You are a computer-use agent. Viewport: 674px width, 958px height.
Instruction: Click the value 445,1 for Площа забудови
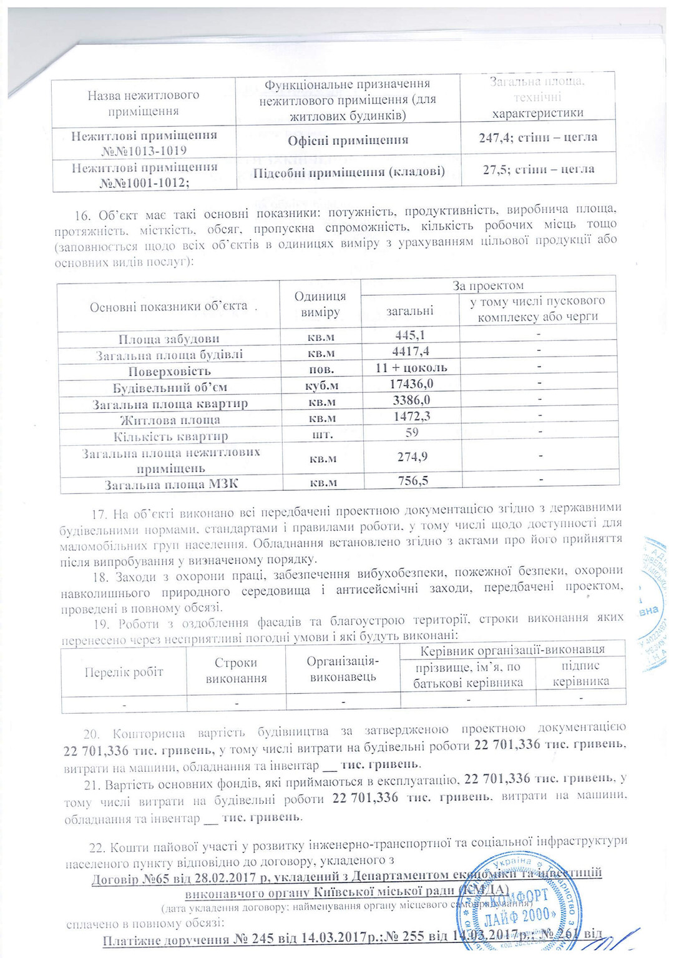coord(410,335)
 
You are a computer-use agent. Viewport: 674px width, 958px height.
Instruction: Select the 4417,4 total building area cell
coord(410,352)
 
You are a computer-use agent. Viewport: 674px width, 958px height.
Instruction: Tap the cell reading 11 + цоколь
coord(411,368)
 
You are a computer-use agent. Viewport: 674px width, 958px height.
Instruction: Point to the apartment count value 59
coord(411,432)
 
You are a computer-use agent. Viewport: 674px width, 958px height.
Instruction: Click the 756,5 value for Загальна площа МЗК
coord(413,480)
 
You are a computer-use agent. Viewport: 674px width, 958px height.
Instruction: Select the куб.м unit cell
coord(321,386)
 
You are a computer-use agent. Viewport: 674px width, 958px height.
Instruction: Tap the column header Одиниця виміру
coord(320,304)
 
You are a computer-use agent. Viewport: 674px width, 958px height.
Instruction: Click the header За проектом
coord(488,286)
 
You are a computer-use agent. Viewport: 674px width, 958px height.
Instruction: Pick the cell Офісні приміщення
coord(348,141)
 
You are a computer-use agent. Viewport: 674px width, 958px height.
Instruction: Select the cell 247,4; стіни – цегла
coord(538,137)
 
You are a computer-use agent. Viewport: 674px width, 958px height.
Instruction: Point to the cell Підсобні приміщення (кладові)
coord(349,172)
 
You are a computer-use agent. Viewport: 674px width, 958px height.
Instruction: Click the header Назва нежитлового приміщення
coord(143,103)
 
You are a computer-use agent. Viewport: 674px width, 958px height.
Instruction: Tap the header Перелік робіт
coord(124,672)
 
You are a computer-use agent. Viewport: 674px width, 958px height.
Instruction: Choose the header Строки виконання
coord(236,670)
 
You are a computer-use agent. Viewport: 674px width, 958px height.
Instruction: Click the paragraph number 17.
coord(99,515)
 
